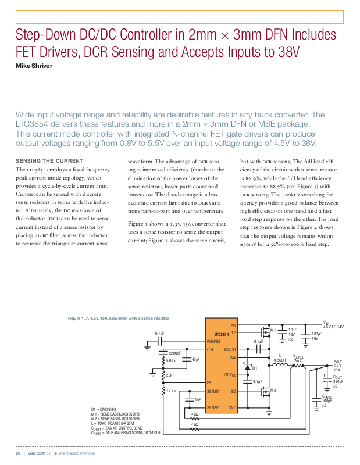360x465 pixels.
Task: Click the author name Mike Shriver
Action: point(34,66)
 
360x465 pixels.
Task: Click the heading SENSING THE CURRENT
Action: point(49,160)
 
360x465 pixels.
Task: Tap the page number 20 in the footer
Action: point(18,453)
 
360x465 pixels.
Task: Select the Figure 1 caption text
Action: point(119,319)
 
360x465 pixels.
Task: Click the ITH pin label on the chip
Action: point(211,349)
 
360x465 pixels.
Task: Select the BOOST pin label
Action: point(230,349)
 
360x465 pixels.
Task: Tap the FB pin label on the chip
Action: point(209,382)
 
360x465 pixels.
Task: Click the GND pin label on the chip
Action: point(232,408)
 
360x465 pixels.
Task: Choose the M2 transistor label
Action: point(272,390)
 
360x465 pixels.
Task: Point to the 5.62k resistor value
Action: point(171,360)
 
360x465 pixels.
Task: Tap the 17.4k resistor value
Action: point(171,391)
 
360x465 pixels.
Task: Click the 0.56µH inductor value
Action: point(280,360)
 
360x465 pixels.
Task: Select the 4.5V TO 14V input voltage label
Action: point(334,327)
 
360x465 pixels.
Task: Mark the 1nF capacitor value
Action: point(198,399)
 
